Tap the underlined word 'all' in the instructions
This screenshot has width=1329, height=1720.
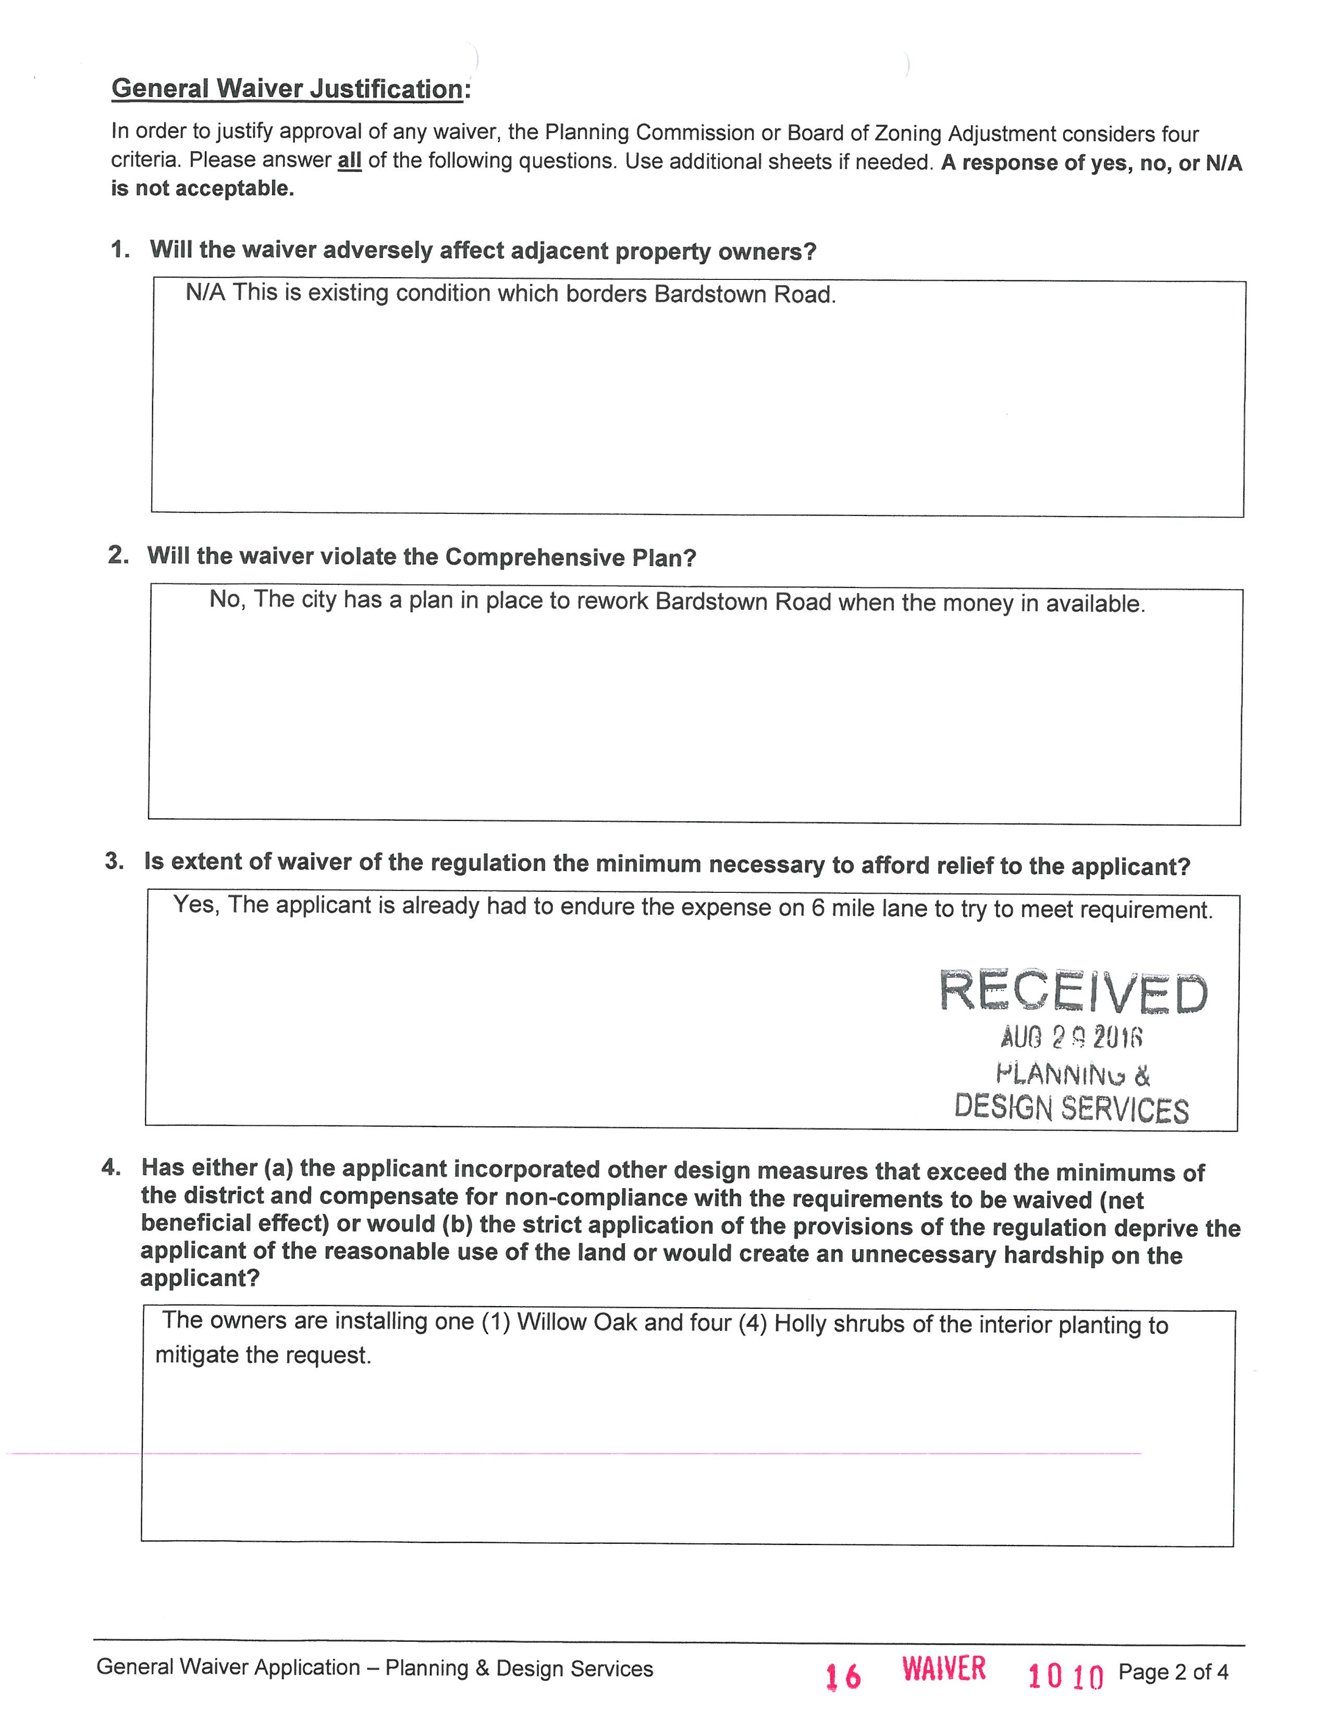click(349, 161)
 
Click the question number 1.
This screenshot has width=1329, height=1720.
click(120, 250)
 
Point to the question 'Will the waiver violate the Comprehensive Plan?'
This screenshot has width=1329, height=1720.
click(422, 557)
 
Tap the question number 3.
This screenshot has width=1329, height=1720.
click(115, 862)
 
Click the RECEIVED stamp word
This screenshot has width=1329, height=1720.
click(1073, 992)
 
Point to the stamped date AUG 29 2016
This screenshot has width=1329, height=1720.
click(1071, 1038)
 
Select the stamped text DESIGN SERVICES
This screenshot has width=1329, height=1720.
click(1071, 1108)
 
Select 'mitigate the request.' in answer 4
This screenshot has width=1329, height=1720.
click(263, 1355)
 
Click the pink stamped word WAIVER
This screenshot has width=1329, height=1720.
click(943, 1669)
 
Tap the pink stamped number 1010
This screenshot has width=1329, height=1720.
click(1065, 1676)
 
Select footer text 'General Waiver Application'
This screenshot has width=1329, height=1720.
click(228, 1667)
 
